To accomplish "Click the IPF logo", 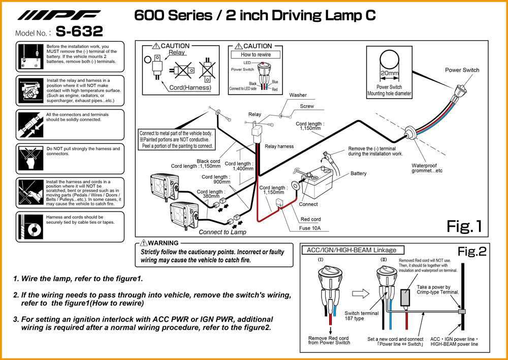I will [59, 15].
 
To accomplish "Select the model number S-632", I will [79, 32].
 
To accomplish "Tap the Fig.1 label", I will [463, 225].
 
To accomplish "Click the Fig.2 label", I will [472, 251].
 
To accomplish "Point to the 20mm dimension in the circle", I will [389, 73].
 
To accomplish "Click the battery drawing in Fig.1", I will [316, 185].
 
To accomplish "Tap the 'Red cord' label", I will [310, 220].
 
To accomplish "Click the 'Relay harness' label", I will [279, 146].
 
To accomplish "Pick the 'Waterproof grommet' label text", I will [424, 168].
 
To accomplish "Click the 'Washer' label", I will [298, 95].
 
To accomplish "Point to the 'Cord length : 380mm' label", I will [211, 194].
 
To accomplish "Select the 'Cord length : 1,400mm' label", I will [239, 166].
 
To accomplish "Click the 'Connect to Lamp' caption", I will [222, 232].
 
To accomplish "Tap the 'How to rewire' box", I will [256, 54].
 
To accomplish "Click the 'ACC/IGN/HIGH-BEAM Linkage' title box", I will [353, 250].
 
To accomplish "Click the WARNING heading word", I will [163, 243].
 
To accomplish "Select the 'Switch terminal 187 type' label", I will [361, 316].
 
